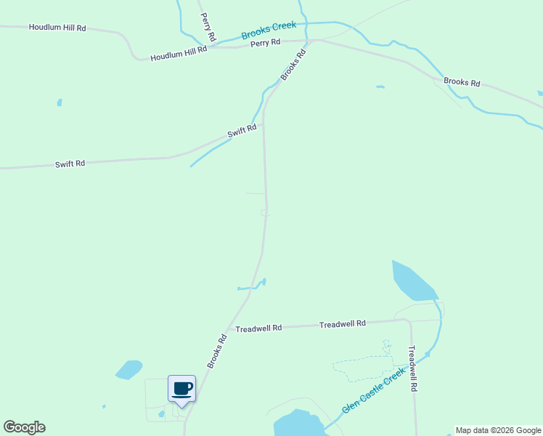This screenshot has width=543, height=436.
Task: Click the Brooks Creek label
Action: coord(269,30)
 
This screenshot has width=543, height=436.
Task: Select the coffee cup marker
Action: coord(181,388)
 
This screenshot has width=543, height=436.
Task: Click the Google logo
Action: coord(24,427)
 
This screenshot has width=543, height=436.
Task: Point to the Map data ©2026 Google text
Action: coord(498,430)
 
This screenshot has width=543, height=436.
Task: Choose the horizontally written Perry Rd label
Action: coord(265,43)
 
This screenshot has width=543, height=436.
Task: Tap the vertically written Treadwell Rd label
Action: coord(413,368)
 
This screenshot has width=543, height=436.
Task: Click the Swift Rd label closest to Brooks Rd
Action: coord(242,132)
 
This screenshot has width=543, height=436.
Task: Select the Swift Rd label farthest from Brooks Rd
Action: coord(70,163)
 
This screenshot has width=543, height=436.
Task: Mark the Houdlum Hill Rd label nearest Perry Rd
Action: coord(179,53)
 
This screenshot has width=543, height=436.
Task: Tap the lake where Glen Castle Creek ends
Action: coord(296,424)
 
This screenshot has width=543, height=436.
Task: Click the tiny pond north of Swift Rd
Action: coord(60,102)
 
